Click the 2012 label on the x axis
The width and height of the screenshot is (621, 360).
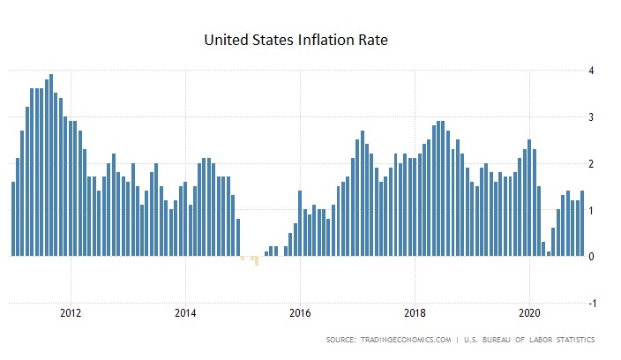click(x=71, y=312)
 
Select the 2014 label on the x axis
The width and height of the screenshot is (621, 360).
click(x=185, y=312)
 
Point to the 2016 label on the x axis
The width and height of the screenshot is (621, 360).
click(x=300, y=312)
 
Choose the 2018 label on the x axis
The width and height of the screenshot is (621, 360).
click(x=415, y=312)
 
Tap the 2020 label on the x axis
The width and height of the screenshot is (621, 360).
click(x=530, y=312)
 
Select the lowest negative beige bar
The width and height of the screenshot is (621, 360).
click(x=257, y=261)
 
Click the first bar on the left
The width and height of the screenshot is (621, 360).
click(x=13, y=219)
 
